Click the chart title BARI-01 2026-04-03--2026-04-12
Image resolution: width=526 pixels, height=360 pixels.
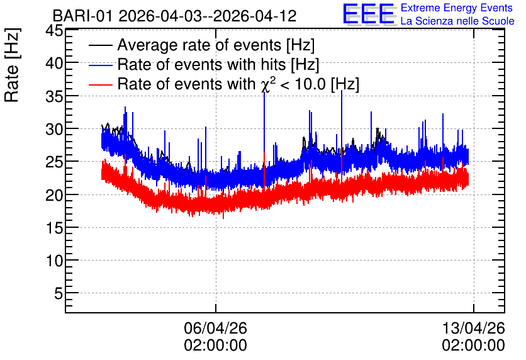[x=174, y=16]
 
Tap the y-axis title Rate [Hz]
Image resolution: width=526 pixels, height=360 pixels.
[x=12, y=65]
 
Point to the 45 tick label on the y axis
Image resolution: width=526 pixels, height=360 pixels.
[x=54, y=31]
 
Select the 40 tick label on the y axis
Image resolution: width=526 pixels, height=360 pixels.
[x=54, y=63]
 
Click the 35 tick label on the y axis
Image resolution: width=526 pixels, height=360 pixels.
[x=54, y=97]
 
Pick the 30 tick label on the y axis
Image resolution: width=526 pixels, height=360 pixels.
[x=54, y=129]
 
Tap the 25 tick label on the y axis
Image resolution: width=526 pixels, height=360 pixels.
[x=54, y=162]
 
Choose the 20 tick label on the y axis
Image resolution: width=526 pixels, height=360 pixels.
[x=54, y=195]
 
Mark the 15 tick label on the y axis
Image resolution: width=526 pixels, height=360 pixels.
[x=54, y=228]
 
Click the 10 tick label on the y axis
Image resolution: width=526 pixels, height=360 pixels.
[x=54, y=261]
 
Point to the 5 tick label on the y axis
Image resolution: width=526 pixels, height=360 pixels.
[x=59, y=294]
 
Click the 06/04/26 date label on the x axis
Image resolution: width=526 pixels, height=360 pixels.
[x=215, y=328]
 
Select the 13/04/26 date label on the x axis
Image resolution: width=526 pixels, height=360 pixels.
[x=473, y=328]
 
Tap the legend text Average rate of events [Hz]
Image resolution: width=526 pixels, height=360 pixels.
[x=216, y=45]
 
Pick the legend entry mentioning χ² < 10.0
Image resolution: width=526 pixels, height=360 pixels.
[x=238, y=84]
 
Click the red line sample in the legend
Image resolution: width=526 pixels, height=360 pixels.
[x=100, y=84]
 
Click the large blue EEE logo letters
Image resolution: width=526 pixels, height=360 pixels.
[x=368, y=14]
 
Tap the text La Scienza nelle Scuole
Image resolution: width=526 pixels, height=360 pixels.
[x=457, y=21]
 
